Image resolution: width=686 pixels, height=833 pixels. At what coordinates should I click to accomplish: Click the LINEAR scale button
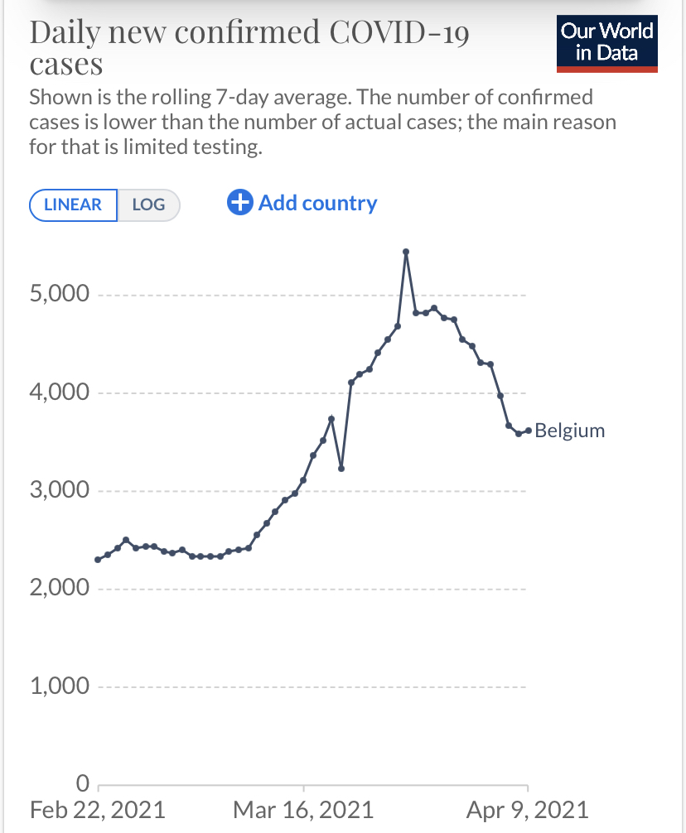tap(73, 205)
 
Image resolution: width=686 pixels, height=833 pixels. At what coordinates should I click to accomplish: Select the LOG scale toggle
tap(148, 205)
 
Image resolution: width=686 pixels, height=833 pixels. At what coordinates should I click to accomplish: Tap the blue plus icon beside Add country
tap(239, 203)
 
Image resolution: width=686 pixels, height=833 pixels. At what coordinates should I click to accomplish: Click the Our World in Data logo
tap(607, 43)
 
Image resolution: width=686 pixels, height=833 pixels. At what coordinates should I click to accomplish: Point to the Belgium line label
tap(570, 431)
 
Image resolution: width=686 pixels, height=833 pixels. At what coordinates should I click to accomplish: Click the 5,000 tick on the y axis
tap(59, 295)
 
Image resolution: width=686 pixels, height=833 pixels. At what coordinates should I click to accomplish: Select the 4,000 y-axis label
tap(59, 392)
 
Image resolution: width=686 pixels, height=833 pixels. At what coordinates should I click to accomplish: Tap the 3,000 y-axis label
tap(59, 490)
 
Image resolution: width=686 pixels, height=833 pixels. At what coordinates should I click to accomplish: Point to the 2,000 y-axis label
tap(59, 589)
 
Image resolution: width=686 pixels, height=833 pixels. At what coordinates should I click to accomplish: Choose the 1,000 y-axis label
tap(59, 686)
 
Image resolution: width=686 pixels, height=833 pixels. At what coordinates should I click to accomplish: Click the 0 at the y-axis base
tap(81, 782)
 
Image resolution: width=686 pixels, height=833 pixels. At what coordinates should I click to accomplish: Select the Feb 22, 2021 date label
tap(97, 809)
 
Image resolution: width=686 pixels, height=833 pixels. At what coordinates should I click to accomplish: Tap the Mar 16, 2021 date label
tap(303, 809)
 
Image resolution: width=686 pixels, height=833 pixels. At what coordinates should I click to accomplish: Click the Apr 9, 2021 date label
tap(528, 809)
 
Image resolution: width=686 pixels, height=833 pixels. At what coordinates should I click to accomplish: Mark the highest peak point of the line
tap(406, 252)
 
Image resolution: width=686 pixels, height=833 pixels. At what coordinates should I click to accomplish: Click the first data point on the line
tap(98, 560)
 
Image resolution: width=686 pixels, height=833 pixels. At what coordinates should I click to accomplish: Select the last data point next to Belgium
tap(528, 431)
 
